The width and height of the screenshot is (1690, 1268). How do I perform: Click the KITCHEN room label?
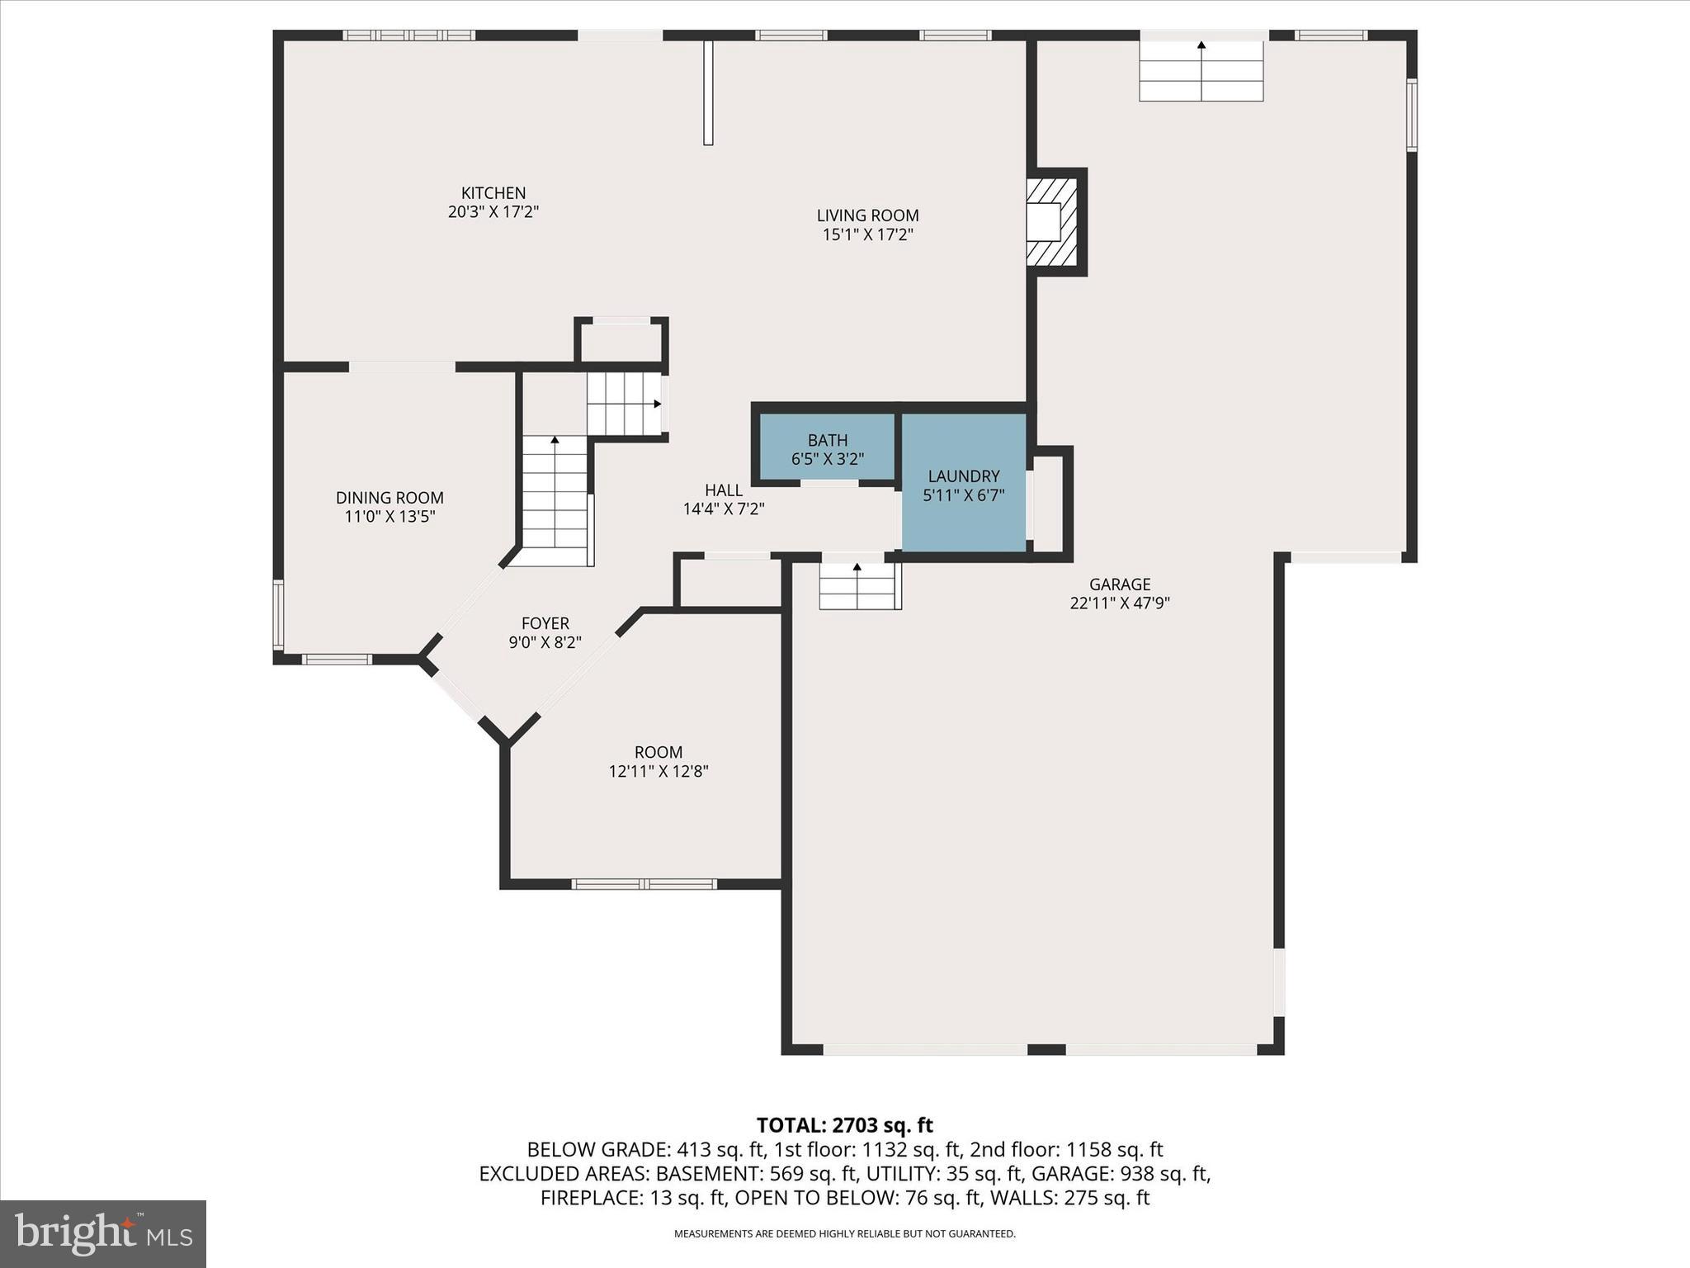click(x=493, y=193)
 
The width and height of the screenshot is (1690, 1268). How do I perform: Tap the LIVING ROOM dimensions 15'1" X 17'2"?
click(x=867, y=234)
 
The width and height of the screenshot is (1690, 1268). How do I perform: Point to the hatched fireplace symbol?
click(x=1053, y=222)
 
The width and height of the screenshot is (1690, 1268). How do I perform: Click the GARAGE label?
click(x=1119, y=584)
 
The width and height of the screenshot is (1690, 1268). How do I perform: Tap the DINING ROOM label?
click(x=389, y=498)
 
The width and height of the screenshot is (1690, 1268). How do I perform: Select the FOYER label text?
click(x=545, y=623)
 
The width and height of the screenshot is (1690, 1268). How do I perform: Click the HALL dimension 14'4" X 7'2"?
click(x=724, y=509)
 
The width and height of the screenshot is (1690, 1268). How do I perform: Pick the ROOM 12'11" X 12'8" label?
click(x=658, y=762)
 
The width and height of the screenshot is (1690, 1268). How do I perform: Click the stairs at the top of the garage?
click(x=1201, y=70)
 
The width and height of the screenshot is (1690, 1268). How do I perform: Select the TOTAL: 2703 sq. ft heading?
click(x=844, y=1125)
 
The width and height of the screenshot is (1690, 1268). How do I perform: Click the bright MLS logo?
click(x=102, y=1233)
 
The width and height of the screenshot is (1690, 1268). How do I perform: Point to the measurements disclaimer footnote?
click(x=844, y=1234)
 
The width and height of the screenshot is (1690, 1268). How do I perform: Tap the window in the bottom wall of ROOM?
click(x=644, y=884)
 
